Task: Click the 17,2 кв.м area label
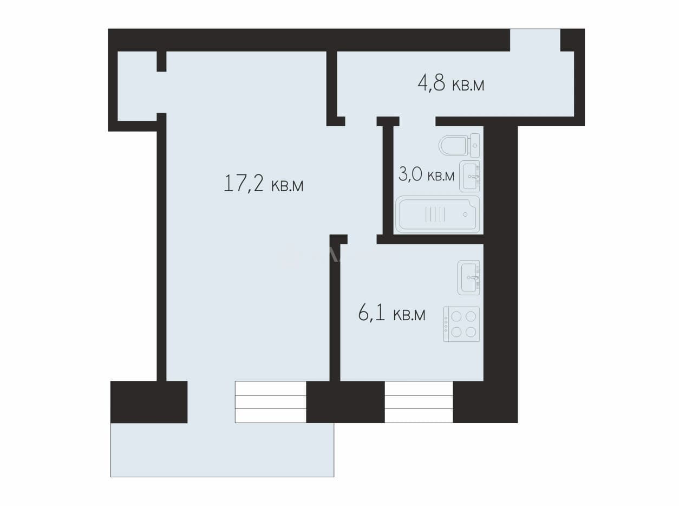[x=264, y=184]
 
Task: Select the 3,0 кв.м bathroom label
[x=427, y=174]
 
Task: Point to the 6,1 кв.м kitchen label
[x=392, y=314]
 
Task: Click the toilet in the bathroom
[x=459, y=145]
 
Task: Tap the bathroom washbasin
[x=469, y=176]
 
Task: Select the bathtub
[x=438, y=215]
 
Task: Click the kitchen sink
[x=468, y=278]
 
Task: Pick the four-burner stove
[x=461, y=325]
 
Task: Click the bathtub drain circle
[x=465, y=215]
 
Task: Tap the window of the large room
[x=271, y=402]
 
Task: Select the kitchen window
[x=419, y=402]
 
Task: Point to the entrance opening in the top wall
[x=535, y=40]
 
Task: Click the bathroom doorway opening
[x=417, y=121]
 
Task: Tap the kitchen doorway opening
[x=362, y=239]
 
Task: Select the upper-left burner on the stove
[x=456, y=316]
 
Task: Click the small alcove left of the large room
[x=137, y=86]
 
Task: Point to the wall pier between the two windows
[x=345, y=402]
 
